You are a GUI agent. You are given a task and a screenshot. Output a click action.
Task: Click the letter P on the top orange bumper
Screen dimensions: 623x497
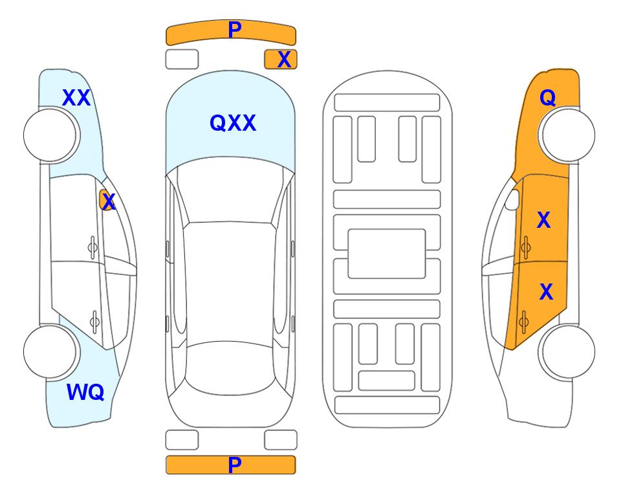[x=235, y=29]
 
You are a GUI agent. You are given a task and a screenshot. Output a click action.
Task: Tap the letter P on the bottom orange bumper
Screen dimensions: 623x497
[x=235, y=465]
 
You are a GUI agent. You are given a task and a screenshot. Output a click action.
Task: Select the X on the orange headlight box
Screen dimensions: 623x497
[x=284, y=60]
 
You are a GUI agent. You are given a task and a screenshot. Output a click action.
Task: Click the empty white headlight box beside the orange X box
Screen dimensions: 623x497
[x=182, y=60]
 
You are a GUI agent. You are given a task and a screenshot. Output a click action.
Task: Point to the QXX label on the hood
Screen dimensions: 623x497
[x=233, y=123]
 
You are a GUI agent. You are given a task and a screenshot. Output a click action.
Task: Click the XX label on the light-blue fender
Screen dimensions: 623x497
[x=76, y=98]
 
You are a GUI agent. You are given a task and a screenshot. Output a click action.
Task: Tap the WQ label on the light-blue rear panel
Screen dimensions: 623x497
[x=85, y=392]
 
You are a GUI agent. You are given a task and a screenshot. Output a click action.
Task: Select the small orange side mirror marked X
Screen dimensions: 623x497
[x=107, y=201]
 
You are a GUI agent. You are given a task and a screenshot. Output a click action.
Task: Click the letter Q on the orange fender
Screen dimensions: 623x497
[x=547, y=98]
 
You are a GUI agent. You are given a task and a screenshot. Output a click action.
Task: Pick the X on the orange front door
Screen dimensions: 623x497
[x=543, y=220]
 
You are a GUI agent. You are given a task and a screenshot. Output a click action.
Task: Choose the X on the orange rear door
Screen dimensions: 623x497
[x=546, y=292]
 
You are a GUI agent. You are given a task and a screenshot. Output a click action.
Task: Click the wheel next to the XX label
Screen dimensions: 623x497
[x=51, y=135]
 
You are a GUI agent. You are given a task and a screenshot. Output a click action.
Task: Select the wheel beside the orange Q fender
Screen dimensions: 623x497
[x=567, y=135]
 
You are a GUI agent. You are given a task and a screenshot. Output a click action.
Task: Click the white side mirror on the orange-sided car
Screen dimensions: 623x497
[x=512, y=200]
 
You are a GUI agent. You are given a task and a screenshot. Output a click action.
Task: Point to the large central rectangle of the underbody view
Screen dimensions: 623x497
[x=387, y=254]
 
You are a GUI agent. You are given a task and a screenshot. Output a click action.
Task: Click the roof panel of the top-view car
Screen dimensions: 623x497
[x=230, y=283]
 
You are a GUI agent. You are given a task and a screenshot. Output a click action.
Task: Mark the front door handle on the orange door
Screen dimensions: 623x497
[x=525, y=247]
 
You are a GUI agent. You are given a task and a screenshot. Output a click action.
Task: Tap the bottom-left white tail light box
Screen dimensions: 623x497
[x=182, y=440]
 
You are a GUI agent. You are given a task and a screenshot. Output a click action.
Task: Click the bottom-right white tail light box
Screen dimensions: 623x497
[x=281, y=440]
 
